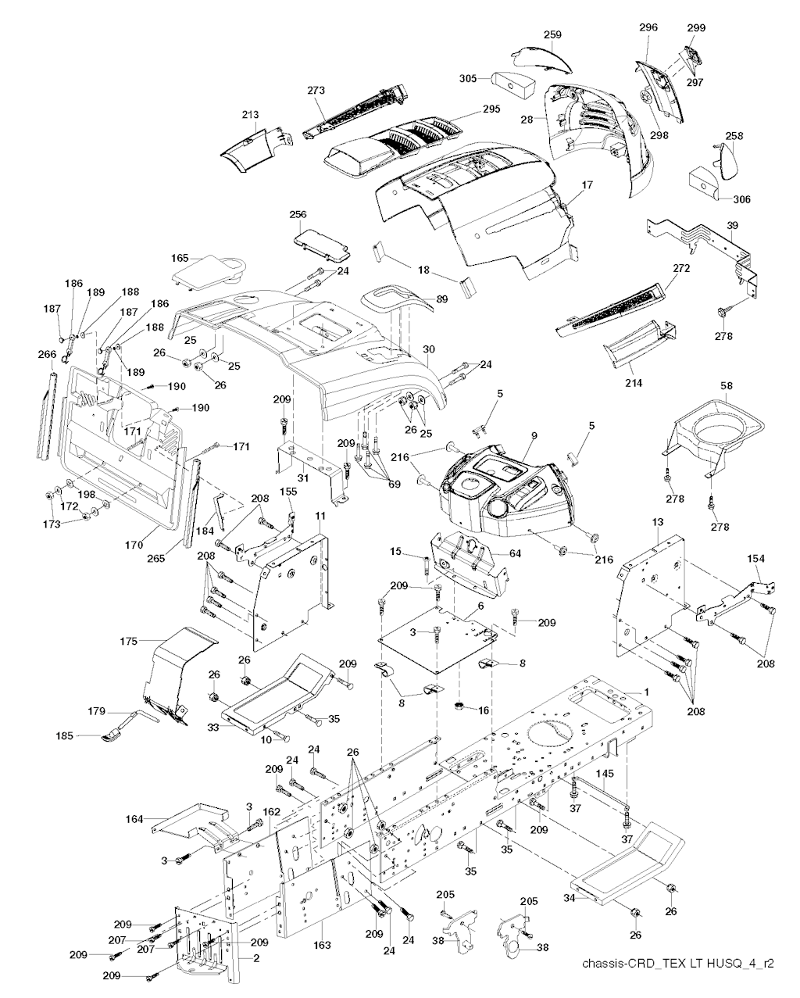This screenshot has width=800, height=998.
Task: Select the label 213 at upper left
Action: (249, 115)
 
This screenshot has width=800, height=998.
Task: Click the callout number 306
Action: (741, 199)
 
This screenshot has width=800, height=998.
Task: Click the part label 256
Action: (298, 214)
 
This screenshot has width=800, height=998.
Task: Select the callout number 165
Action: (180, 257)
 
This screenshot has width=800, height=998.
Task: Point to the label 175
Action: (129, 641)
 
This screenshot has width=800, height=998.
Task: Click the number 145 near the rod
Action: (606, 774)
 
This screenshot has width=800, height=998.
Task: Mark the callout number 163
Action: (323, 946)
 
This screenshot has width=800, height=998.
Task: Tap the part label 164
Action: (134, 818)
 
